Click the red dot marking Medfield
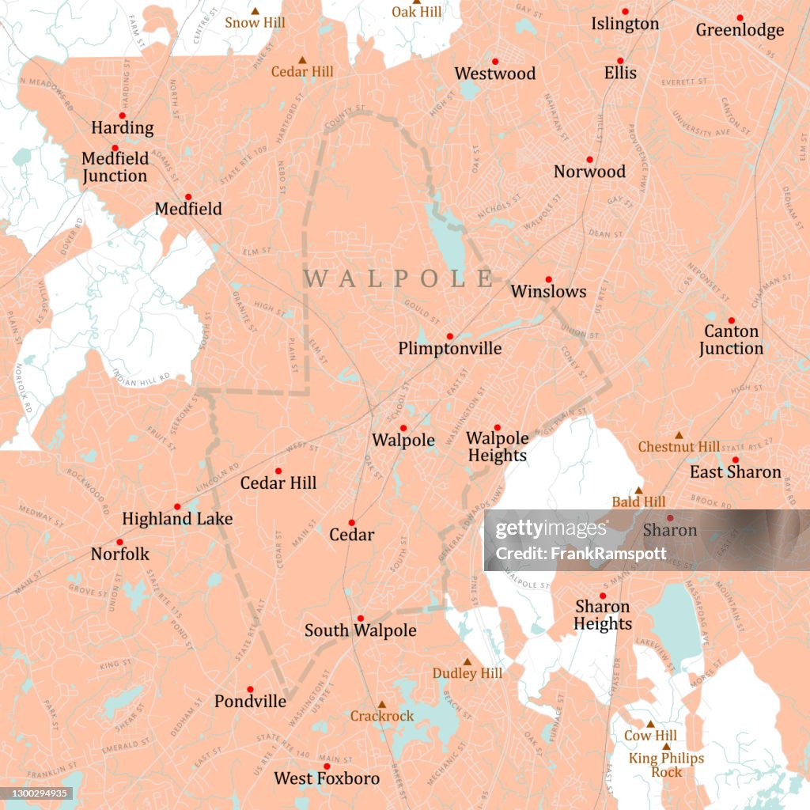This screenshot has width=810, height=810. tap(188, 197)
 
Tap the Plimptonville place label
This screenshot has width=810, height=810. tap(449, 348)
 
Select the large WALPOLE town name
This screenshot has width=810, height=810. tap(399, 278)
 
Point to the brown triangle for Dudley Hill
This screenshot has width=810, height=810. tap(467, 662)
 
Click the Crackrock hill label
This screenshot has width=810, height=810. tap(382, 716)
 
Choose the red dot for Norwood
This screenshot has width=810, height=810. tap(589, 159)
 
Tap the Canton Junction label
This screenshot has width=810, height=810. tap(731, 339)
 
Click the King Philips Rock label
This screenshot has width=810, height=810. tap(666, 765)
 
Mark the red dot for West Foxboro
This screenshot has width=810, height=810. tap(326, 766)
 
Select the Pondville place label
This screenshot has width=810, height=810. tap(250, 701)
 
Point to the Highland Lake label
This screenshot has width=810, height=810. tap(177, 519)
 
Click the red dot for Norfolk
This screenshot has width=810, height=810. tap(119, 542)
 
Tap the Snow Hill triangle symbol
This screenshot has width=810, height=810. tap(255, 11)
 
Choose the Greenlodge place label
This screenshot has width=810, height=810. tap(740, 30)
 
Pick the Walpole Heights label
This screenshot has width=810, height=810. tap(497, 447)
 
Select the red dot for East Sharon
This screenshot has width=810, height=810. tap(735, 460)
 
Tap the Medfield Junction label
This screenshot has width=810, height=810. tap(115, 167)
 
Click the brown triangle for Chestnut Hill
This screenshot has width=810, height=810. tap(679, 435)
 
